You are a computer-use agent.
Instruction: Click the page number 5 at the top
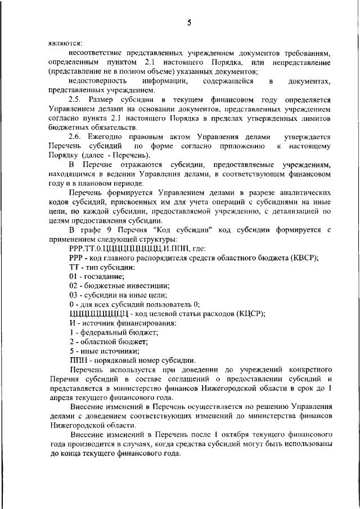click(x=189, y=22)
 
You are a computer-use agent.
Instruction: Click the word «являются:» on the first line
click(x=64, y=43)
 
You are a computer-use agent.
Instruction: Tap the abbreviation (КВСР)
click(x=303, y=258)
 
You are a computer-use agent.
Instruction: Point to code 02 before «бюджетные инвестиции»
click(x=74, y=286)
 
